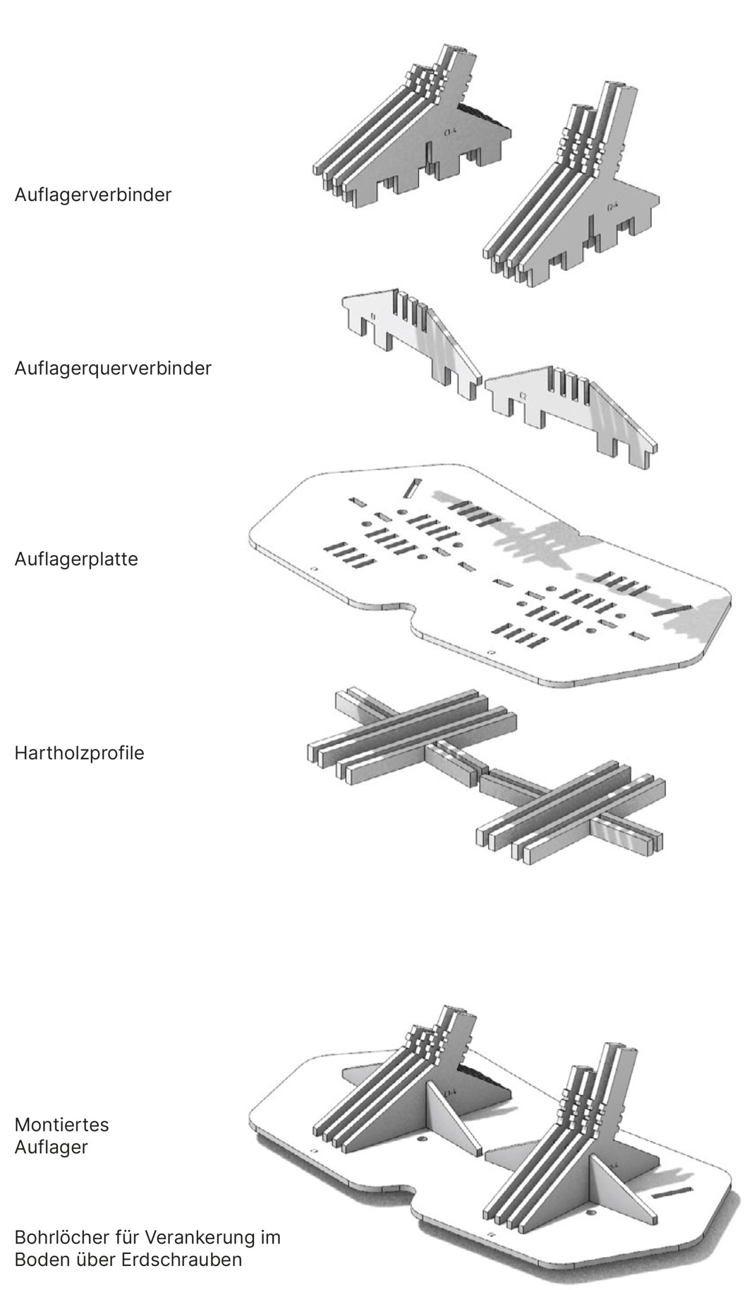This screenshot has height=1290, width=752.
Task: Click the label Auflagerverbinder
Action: pyautogui.click(x=93, y=195)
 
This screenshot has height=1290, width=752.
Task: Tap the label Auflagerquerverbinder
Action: pyautogui.click(x=112, y=368)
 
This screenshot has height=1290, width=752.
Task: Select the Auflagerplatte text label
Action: pyautogui.click(x=76, y=559)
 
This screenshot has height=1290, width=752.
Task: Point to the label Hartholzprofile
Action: pyautogui.click(x=79, y=753)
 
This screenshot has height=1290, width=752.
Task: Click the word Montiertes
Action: pyautogui.click(x=62, y=1125)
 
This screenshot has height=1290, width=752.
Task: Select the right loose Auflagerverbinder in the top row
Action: pyautogui.click(x=573, y=197)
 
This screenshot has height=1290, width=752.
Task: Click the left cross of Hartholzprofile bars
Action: pyautogui.click(x=410, y=732)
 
